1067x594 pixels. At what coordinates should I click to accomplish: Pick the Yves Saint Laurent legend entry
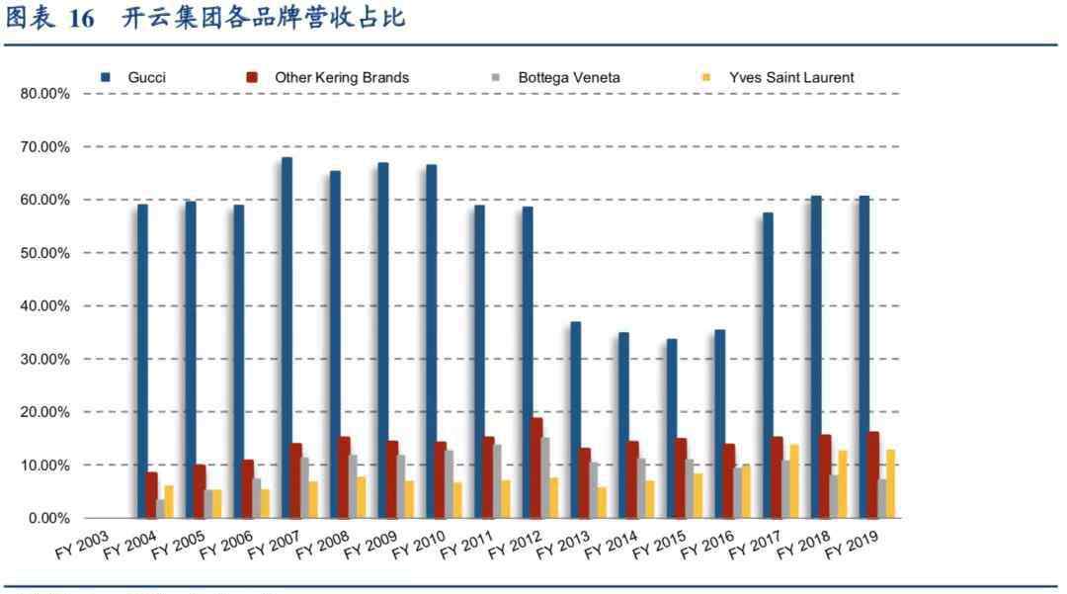point(791,77)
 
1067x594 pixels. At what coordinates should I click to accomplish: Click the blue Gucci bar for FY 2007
point(287,337)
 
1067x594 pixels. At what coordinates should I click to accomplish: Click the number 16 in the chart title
point(82,19)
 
